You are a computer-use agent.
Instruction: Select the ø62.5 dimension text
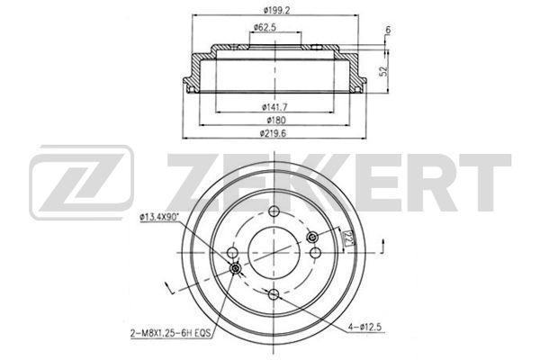point(265,26)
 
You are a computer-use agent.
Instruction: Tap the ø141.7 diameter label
point(274,107)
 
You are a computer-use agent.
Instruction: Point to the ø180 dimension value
point(276,120)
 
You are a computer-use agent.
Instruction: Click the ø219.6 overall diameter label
point(273,133)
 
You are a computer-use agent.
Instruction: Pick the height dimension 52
point(383,71)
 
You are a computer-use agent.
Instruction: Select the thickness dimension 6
point(388,31)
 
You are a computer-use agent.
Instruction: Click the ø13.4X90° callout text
point(159,217)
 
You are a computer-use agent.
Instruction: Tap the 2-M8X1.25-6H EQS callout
point(170,333)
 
